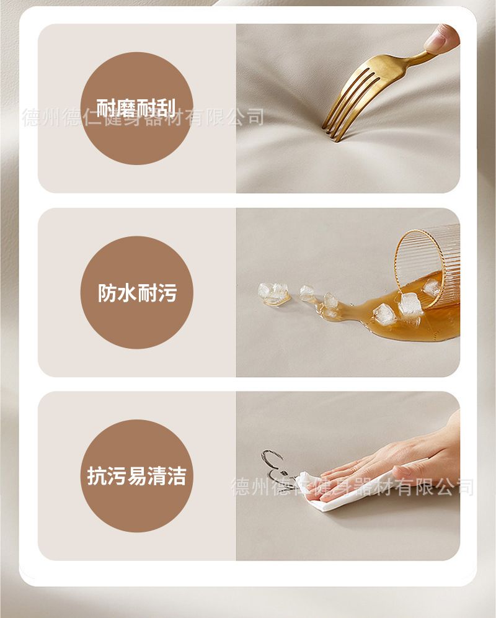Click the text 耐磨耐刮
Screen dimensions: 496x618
pos(136,108)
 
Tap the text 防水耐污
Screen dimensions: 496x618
pos(137,292)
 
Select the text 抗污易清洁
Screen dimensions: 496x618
pos(136,476)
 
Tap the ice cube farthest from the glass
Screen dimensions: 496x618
pos(267,290)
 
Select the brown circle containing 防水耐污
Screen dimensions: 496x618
pos(136,292)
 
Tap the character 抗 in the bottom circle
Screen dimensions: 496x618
pos(97,476)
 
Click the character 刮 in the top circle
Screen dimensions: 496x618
pos(166,108)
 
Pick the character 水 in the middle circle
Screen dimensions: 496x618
pos(127,292)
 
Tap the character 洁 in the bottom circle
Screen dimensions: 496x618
pos(177,476)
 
